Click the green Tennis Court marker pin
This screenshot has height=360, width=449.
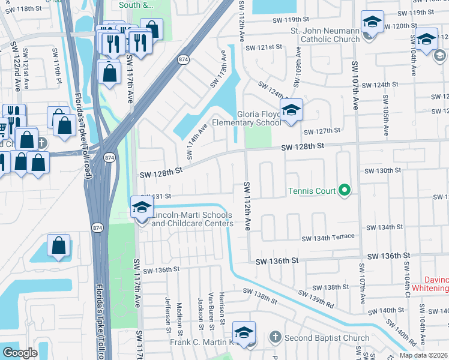344,191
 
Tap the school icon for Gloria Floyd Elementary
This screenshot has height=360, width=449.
291,110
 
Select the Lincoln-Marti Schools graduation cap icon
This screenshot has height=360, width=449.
142,208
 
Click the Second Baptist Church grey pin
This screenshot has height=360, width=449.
276,338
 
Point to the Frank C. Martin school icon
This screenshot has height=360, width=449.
244,333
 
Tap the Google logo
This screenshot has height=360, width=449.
20,352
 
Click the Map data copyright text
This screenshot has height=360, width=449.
423,355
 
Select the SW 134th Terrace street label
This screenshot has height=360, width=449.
328,238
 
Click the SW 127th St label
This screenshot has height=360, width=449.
322,131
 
